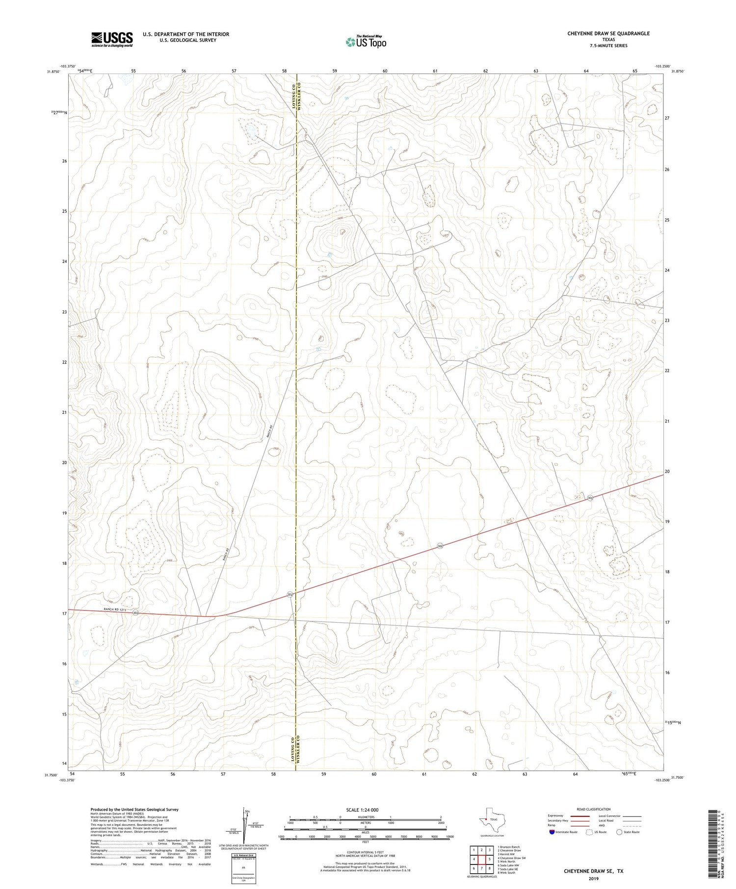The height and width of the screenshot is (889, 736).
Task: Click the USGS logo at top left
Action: coord(112,39)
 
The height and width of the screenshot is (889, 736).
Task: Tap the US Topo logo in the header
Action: coord(366,42)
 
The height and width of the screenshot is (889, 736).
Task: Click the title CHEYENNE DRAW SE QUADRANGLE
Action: coord(608,33)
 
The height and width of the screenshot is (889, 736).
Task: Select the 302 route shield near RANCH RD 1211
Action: coord(136,613)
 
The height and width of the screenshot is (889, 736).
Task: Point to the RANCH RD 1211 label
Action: coord(115,609)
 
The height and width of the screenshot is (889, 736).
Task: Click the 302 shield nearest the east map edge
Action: coord(590,498)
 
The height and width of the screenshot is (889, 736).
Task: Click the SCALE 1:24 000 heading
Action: coord(362,810)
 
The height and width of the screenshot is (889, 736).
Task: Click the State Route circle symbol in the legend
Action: coord(619,832)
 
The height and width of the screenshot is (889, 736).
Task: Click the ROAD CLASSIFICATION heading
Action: coord(593,810)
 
